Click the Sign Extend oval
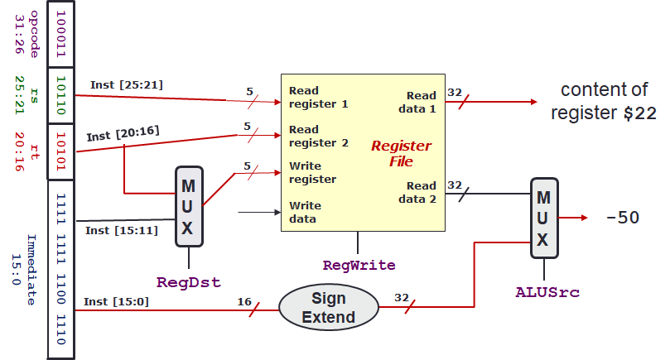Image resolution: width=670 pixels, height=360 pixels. pyautogui.click(x=329, y=307)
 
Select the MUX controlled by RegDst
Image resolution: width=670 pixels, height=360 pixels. pyautogui.click(x=189, y=206)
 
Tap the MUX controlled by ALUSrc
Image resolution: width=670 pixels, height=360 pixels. pyautogui.click(x=543, y=218)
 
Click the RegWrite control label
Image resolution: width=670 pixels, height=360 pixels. pyautogui.click(x=358, y=266)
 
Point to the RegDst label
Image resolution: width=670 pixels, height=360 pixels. pyautogui.click(x=189, y=282)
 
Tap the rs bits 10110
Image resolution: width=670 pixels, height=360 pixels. pyautogui.click(x=60, y=94)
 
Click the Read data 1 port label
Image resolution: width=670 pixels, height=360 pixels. pyautogui.click(x=421, y=103)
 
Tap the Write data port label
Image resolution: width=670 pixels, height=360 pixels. pyautogui.click(x=305, y=212)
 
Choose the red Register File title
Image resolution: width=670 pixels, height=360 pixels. pyautogui.click(x=401, y=154)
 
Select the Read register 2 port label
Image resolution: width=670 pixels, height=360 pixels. pyautogui.click(x=314, y=136)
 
